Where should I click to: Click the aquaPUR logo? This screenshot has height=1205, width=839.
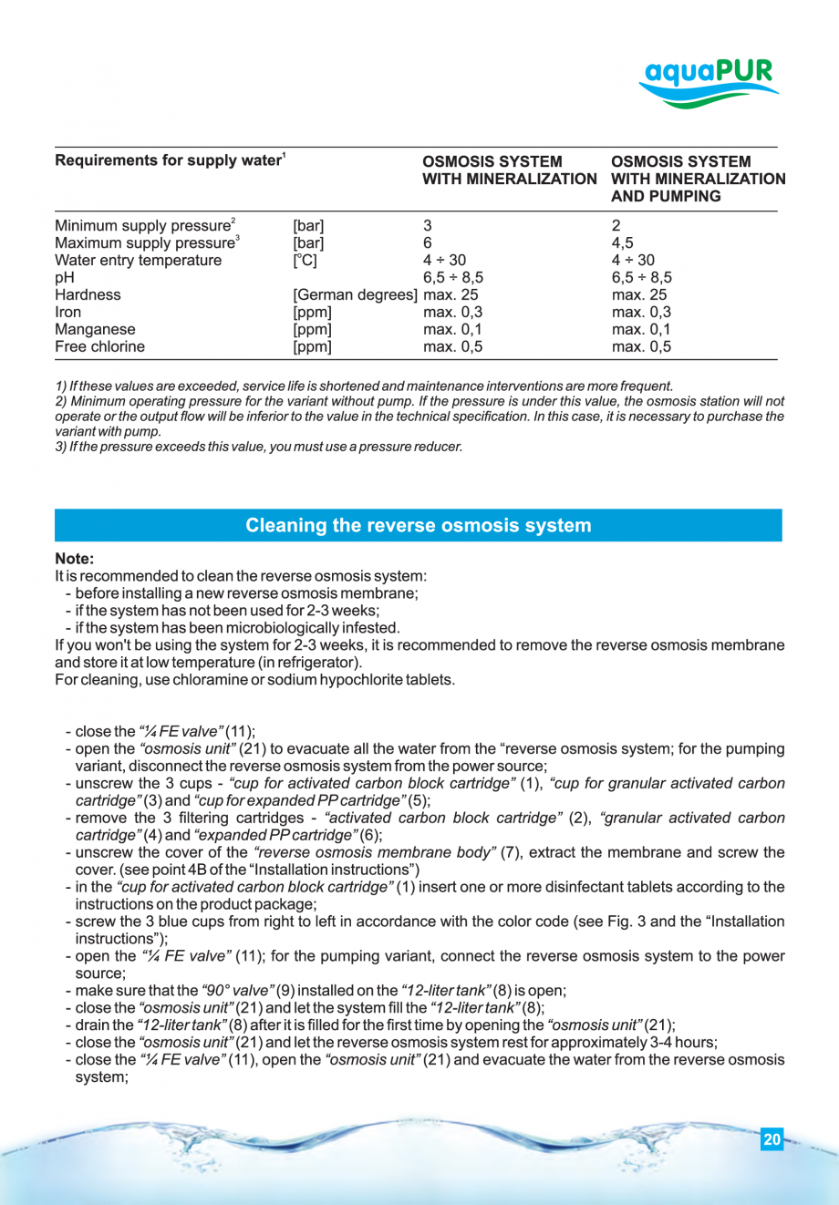point(708,82)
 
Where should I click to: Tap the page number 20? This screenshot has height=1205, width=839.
point(772,1139)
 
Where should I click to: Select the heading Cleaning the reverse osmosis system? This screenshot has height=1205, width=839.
point(418,526)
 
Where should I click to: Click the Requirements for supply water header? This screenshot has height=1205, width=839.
point(170,161)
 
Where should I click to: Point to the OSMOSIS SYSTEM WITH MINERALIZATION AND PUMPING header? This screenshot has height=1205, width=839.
point(698,179)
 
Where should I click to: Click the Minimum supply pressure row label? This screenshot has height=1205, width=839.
point(144,226)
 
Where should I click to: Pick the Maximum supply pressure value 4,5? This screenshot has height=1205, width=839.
point(622,243)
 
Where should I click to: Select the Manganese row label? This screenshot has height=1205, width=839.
point(95,329)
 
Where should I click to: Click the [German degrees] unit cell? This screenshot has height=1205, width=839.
point(356,294)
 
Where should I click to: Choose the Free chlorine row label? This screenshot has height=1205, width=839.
point(99,346)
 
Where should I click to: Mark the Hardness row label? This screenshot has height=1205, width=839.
point(88,294)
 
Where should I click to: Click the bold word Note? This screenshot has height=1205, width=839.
point(74,559)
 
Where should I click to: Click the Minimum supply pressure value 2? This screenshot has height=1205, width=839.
point(616,226)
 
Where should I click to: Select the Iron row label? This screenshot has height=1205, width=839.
point(67,312)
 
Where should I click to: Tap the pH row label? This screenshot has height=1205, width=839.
point(64,277)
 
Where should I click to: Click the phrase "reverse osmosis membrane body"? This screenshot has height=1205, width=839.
point(374,852)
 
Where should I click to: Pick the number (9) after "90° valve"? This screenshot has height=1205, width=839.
point(285,991)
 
